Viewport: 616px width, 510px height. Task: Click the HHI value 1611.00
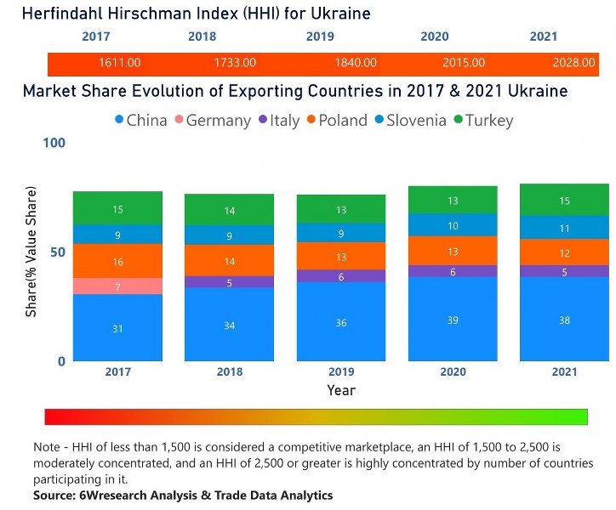tap(119, 63)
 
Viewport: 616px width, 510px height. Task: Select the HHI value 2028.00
tap(573, 63)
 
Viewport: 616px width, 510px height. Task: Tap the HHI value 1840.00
tap(345, 63)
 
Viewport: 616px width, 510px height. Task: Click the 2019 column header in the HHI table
tap(320, 37)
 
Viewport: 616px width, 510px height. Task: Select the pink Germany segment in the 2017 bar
tap(117, 286)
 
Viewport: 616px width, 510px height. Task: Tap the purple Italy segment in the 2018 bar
tap(230, 282)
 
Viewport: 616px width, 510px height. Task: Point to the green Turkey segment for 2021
tap(565, 200)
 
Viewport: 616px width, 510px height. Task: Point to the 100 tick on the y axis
tap(54, 143)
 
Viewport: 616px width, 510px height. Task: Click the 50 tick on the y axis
tap(57, 252)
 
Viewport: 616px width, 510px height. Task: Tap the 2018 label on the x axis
tap(230, 372)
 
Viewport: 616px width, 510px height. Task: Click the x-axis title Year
tap(341, 390)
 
